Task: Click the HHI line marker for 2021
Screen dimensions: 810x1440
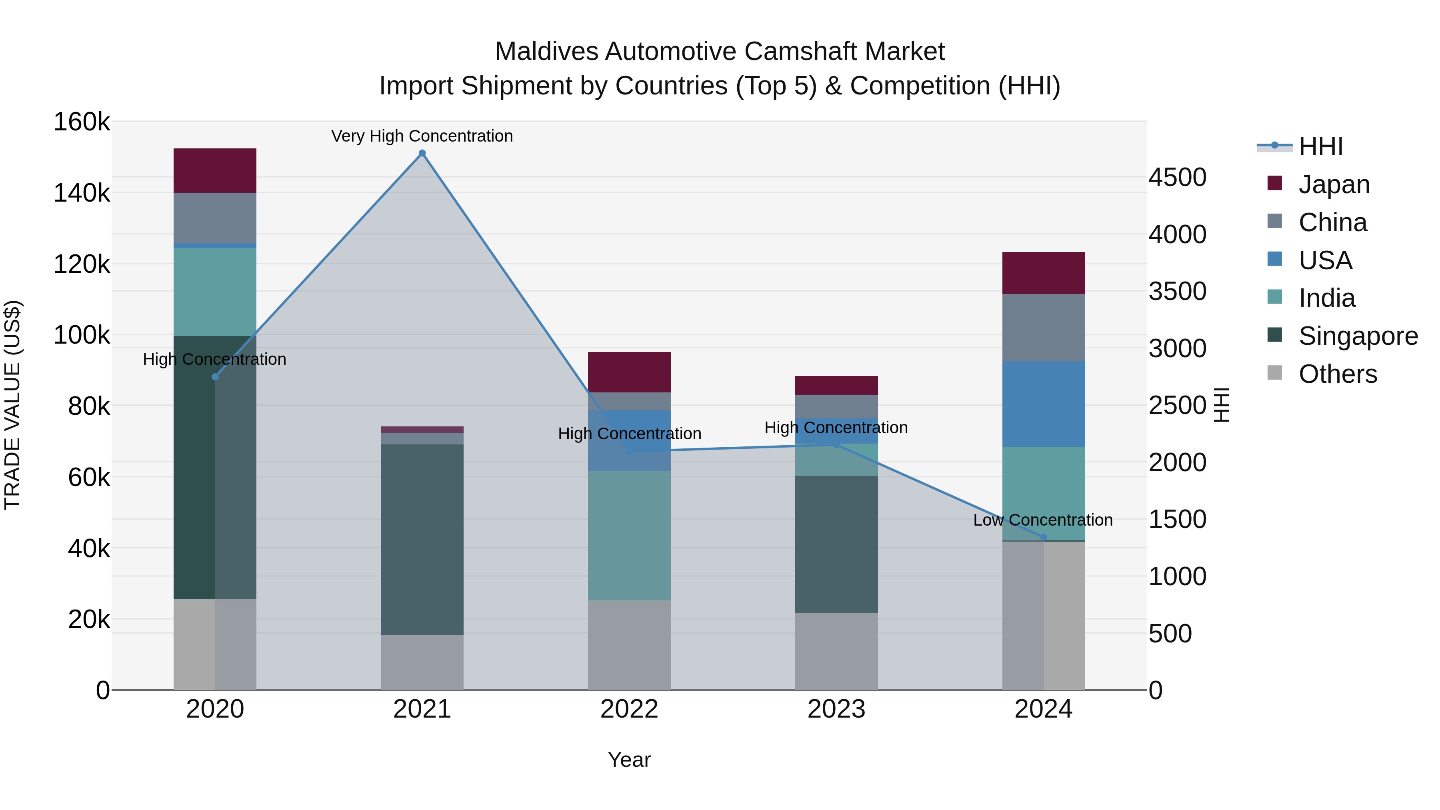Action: coord(422,153)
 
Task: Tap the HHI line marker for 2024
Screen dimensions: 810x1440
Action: coord(1043,537)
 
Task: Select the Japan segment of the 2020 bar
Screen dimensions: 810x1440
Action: coord(215,170)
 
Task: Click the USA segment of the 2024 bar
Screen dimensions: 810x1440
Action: coord(1043,404)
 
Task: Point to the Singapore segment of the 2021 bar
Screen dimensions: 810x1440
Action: coord(422,540)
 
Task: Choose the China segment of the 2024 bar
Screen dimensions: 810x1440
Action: coord(1043,328)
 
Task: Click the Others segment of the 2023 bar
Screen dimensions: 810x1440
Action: coord(836,651)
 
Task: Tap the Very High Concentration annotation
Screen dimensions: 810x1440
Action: coord(422,136)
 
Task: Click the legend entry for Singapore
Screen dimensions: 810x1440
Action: coord(1358,336)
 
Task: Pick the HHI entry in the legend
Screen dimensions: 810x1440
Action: coord(1320,146)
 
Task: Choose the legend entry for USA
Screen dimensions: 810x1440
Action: coord(1325,260)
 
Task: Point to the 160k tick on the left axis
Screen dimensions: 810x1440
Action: coord(82,122)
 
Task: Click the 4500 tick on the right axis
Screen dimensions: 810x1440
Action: coord(1177,177)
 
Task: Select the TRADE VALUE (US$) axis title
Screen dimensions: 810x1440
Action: coord(12,405)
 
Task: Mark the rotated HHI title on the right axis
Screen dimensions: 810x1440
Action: coord(1222,405)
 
